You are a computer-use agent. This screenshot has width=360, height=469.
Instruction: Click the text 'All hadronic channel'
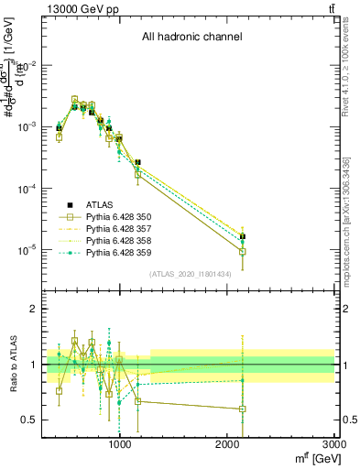pyautogui.click(x=191, y=37)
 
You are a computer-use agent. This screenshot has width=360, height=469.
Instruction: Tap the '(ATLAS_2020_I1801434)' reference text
pyautogui.click(x=191, y=274)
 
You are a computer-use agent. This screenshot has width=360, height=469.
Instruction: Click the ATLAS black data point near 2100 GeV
pyautogui.click(x=243, y=237)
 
